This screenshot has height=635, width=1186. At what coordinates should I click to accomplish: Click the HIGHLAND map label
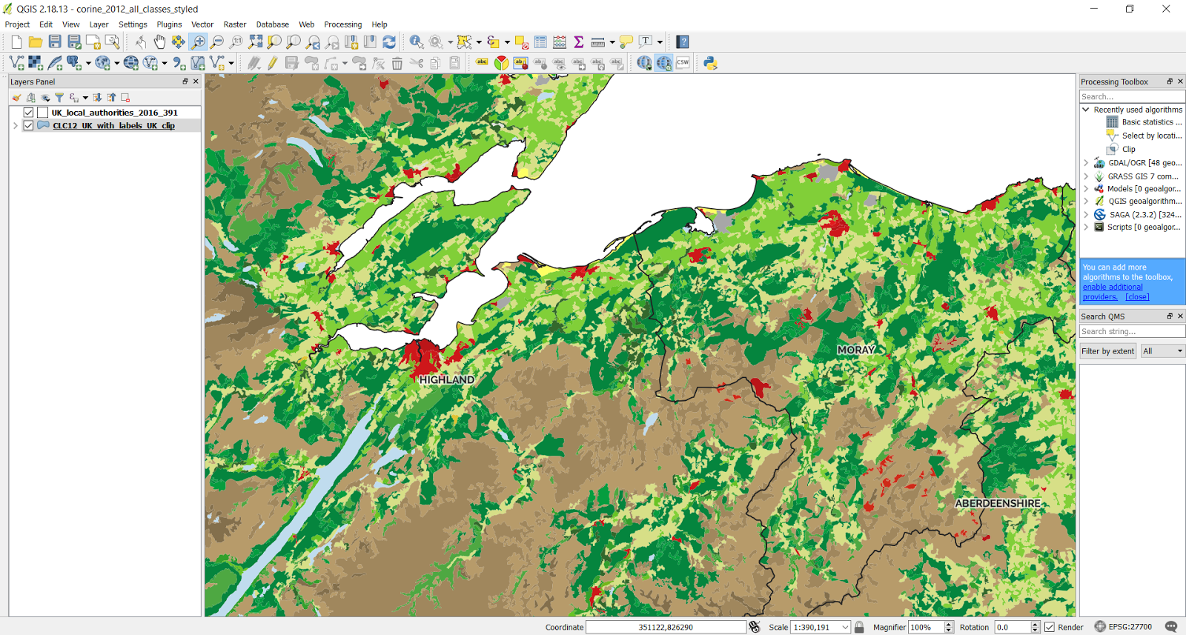(446, 379)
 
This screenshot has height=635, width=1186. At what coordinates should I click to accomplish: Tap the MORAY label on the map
(856, 350)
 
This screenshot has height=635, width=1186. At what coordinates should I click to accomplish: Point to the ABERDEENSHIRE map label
(998, 503)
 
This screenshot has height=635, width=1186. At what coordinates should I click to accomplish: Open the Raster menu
(234, 24)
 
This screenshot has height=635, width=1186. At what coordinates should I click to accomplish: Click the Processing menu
(342, 24)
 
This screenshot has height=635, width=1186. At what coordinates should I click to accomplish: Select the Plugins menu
(169, 24)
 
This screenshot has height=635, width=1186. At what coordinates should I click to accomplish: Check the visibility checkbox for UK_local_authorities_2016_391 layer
(28, 113)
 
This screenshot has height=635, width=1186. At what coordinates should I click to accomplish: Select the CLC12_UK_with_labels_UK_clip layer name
(113, 126)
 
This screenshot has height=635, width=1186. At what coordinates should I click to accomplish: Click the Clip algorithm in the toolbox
(1128, 149)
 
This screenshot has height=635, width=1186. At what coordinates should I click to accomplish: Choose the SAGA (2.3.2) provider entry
(1144, 215)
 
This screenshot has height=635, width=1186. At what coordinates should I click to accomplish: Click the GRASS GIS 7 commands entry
(1142, 176)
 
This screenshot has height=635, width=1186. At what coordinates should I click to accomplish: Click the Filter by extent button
(1107, 351)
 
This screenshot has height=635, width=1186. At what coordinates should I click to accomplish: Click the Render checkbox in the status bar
(1050, 627)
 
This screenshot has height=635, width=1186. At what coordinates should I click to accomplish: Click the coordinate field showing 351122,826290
(665, 627)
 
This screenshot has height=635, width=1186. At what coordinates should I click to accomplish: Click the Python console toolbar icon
(710, 63)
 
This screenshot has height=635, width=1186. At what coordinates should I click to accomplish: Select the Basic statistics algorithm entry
(1147, 122)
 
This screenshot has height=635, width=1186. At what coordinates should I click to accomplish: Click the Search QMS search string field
(1131, 332)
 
